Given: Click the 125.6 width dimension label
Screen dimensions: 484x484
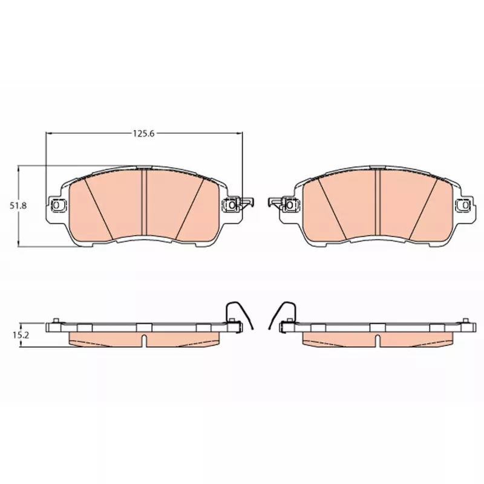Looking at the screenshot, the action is pyautogui.click(x=143, y=134).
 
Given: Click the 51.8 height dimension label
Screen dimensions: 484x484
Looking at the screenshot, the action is pyautogui.click(x=18, y=206).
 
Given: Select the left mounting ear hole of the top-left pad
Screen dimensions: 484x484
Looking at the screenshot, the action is pyautogui.click(x=56, y=204).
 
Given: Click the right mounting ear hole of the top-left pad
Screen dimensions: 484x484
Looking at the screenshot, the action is pyautogui.click(x=232, y=205).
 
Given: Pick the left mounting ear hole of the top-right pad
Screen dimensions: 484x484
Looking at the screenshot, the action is pyautogui.click(x=290, y=205).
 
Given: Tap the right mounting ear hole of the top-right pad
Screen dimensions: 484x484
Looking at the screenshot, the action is pyautogui.click(x=465, y=204).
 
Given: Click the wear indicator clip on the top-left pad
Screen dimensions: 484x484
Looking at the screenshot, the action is pyautogui.click(x=246, y=203).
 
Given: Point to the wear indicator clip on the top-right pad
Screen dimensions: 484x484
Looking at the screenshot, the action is pyautogui.click(x=276, y=203).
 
